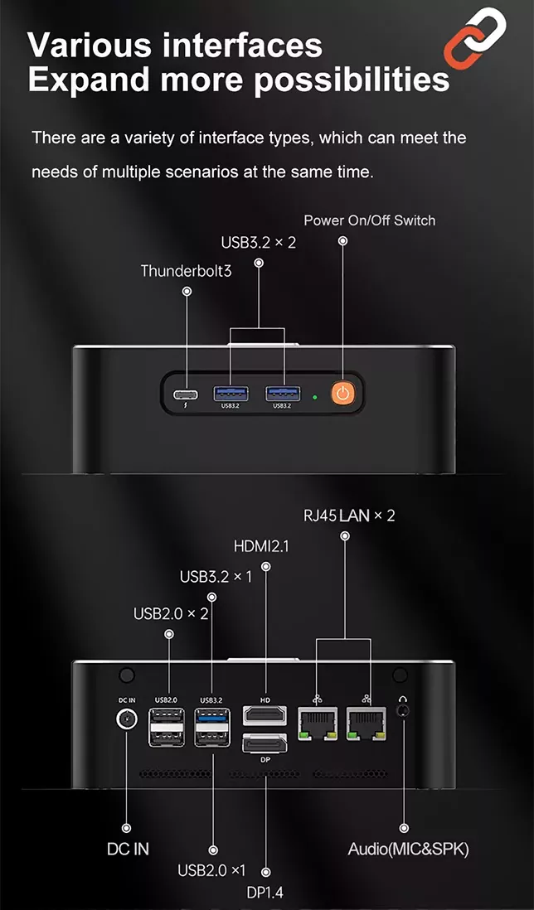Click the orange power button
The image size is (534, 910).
343,394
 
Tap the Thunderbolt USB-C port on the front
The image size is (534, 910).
186,394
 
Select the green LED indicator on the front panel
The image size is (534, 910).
314,398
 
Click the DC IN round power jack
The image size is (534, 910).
127,720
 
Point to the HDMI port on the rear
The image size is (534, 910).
265,715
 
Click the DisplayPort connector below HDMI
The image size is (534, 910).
265,743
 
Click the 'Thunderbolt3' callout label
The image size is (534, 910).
186,270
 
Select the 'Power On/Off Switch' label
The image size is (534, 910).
370,220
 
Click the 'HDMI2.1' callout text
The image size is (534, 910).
261,547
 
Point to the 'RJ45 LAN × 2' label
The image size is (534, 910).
349,516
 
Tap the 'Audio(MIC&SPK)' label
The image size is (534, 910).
408,849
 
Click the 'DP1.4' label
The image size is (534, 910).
265,893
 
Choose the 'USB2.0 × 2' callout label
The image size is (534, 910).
171,613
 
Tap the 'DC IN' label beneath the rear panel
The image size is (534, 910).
128,849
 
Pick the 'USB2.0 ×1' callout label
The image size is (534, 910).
212,870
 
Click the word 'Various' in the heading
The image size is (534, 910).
90,46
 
